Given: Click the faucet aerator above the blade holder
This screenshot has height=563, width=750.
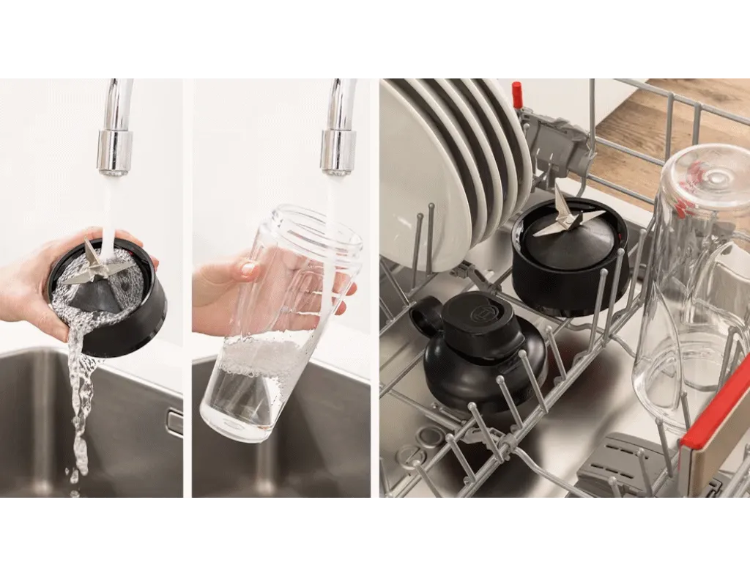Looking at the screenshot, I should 115,152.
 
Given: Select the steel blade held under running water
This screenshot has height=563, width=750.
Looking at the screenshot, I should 92,264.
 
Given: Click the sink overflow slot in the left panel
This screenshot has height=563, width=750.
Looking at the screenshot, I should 174,422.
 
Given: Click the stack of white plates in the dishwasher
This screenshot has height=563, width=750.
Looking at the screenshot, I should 447,169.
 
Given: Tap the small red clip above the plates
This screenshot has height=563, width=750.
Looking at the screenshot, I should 517,95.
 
